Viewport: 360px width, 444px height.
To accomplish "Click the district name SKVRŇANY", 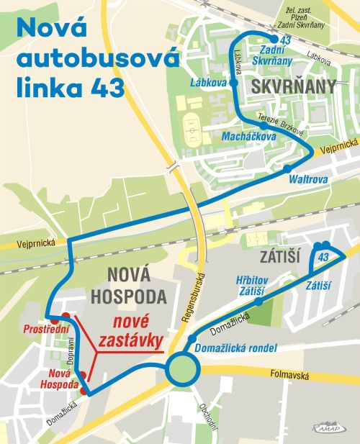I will click(294, 87).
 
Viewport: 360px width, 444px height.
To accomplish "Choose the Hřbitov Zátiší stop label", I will click(251, 284).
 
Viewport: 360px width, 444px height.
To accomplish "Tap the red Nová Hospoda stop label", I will click(63, 379).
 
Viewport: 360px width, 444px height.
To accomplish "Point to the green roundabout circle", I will click(181, 371).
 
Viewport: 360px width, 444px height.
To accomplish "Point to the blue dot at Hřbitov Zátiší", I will click(259, 302).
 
